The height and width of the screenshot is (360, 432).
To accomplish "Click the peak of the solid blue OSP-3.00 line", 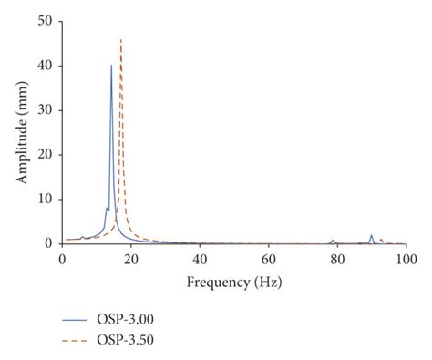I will [x=112, y=66].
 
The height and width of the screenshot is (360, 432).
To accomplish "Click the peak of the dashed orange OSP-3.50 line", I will [x=121, y=39].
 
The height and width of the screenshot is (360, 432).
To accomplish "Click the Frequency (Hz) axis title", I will [x=233, y=282].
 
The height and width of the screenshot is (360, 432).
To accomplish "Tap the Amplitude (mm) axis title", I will [x=21, y=132].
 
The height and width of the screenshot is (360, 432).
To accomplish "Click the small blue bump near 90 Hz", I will [x=371, y=236].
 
